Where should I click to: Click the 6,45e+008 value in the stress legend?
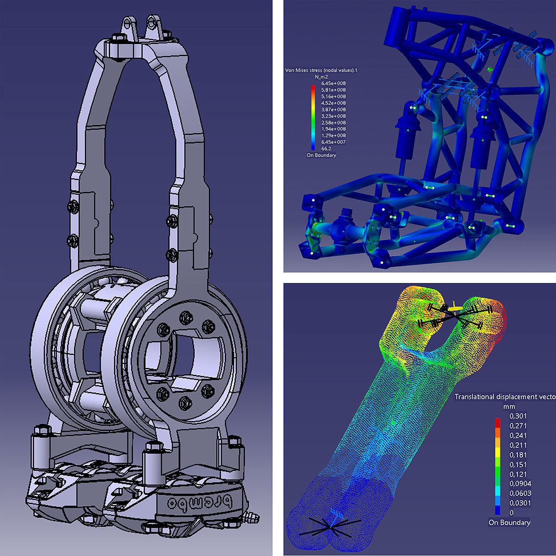[333, 83]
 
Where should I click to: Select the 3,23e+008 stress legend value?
[333, 116]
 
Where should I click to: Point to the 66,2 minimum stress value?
[326, 149]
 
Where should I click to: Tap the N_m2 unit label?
[321, 77]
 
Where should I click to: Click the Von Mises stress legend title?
[321, 70]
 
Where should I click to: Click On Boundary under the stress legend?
[321, 155]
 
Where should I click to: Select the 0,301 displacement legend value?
[518, 416]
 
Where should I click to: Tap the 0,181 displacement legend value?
[518, 455]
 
